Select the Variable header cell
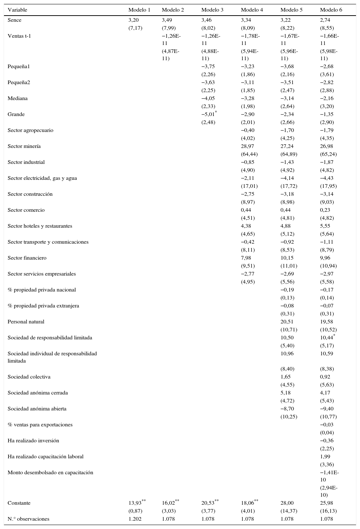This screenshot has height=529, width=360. point(17,10)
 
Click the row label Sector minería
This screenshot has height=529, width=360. point(24,146)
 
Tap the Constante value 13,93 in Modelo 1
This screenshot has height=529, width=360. point(135,503)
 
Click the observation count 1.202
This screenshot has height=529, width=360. point(135,519)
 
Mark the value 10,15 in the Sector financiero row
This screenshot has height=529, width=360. point(287,258)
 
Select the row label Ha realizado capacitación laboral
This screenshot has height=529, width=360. point(46,456)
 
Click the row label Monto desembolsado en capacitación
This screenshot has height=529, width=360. point(50,472)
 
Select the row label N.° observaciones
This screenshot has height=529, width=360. point(29,519)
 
